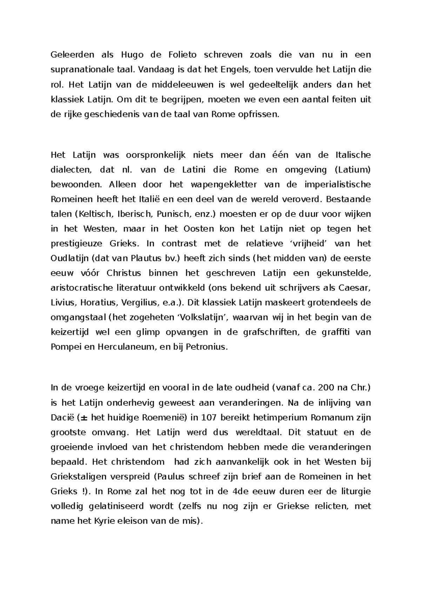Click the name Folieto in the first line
[182, 55]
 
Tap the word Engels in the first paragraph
[235, 70]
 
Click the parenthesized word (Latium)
[353, 170]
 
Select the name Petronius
[207, 347]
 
